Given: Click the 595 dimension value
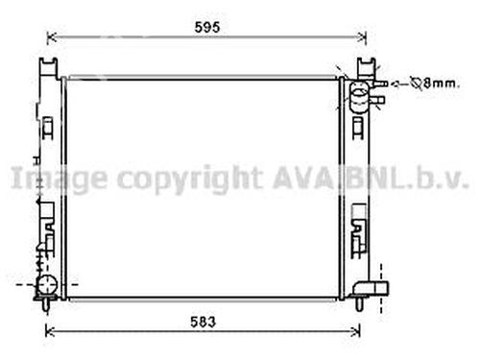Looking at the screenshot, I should pyautogui.click(x=207, y=27).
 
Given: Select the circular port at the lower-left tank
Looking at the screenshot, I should pyautogui.click(x=45, y=284).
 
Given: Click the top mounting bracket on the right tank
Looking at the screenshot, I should pyautogui.click(x=366, y=66).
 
